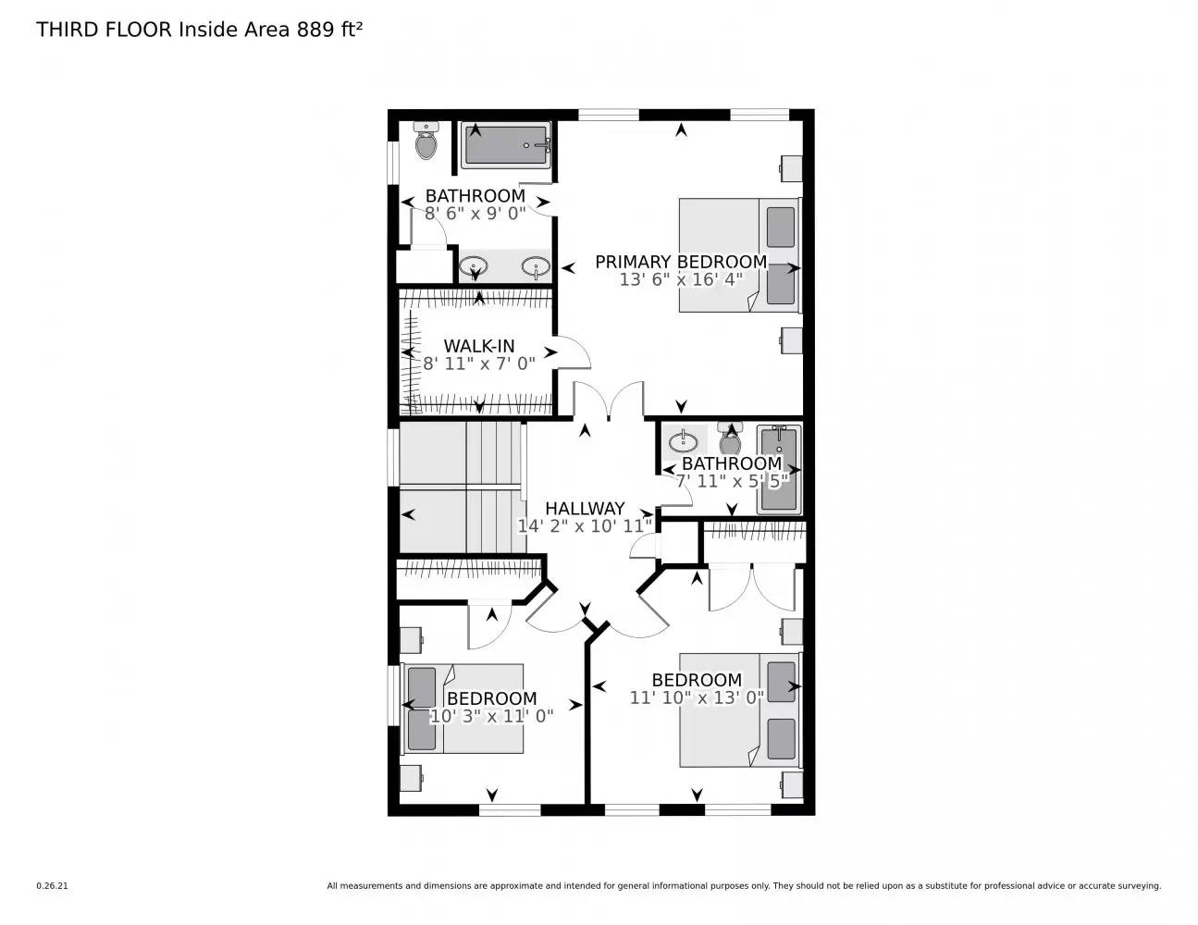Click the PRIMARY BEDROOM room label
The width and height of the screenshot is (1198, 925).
coord(680,262)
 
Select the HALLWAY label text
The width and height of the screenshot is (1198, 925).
coord(584,509)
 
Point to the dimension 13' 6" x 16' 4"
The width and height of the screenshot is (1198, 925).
coord(681,279)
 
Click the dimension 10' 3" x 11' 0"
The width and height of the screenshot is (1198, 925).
coord(491,716)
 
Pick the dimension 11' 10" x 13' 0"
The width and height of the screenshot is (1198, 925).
coord(697,697)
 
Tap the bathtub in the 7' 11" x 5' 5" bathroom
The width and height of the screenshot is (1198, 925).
coord(778,470)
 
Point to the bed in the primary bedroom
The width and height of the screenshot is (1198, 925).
coord(738,254)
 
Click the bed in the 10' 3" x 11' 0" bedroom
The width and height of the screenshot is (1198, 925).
coord(463,709)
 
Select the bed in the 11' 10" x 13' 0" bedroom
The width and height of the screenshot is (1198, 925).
coord(738,709)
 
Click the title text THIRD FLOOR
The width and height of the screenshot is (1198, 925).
coord(104,30)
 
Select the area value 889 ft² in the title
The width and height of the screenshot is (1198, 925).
coord(329,30)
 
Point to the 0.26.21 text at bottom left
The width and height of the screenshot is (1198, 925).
coord(52,886)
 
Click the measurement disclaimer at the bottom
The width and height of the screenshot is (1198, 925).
coord(743,886)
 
